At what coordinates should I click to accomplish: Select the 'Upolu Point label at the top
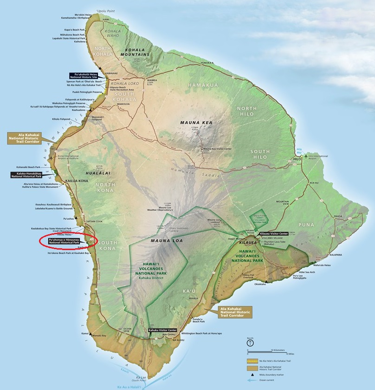click(x=105, y=10)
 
